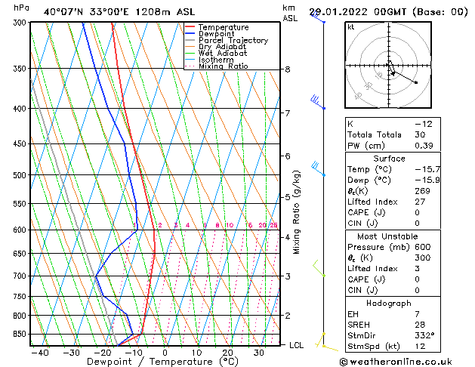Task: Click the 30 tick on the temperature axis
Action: point(258,353)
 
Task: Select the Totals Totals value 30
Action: point(420,134)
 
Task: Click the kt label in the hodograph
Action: point(350,26)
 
